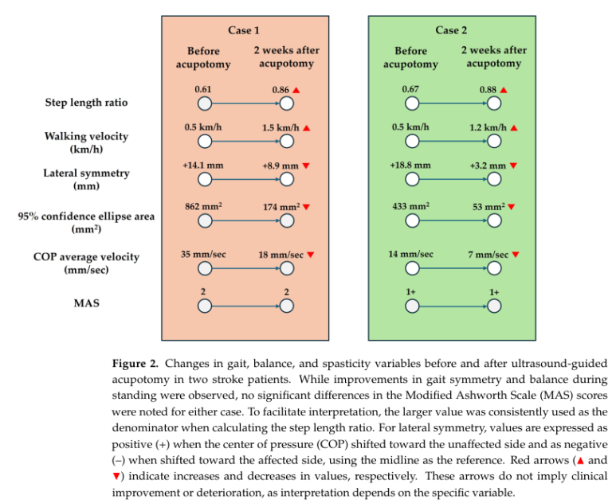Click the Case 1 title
(x=245, y=30)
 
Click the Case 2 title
(x=451, y=30)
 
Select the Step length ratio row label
(x=86, y=103)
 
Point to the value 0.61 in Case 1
(x=204, y=89)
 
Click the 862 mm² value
(x=204, y=206)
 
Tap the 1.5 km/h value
(x=280, y=127)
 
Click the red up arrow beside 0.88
(x=504, y=90)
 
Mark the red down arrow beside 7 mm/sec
(x=516, y=255)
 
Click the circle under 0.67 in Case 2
(x=411, y=103)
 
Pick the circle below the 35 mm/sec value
(x=205, y=269)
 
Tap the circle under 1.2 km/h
(x=494, y=141)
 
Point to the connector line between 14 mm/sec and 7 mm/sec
(x=452, y=269)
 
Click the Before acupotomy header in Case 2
(x=410, y=57)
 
